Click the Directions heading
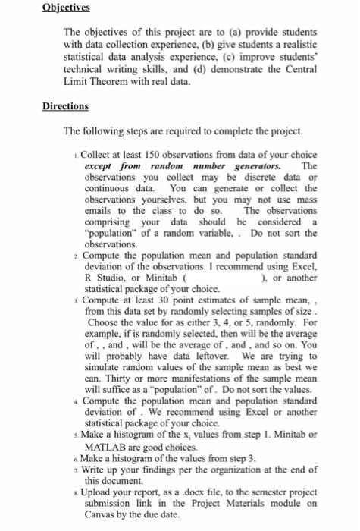point(66,106)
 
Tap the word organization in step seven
point(230,470)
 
